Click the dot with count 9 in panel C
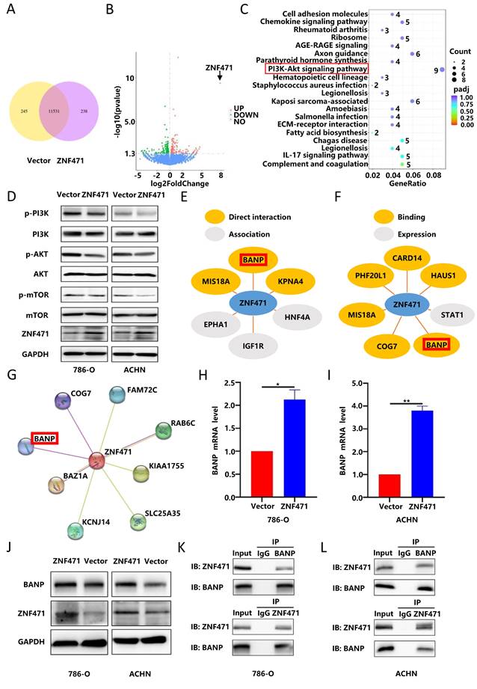[x=442, y=70]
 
